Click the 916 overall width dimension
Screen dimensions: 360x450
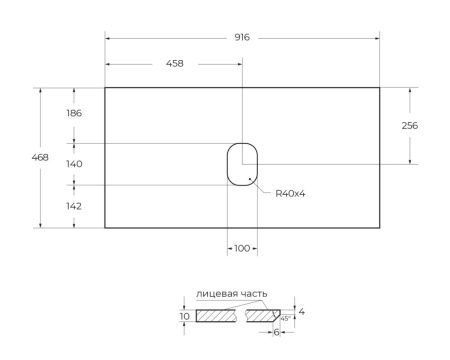[x=241, y=37]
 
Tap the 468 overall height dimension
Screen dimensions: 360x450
[x=41, y=157]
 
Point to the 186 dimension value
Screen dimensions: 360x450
[x=73, y=113]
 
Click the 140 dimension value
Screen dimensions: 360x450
[x=73, y=164]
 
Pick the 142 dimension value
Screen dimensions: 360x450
[x=73, y=206]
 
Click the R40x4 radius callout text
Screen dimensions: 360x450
[x=289, y=193]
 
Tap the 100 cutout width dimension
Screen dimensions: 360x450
[x=241, y=247]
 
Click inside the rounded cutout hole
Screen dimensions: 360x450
[x=241, y=164]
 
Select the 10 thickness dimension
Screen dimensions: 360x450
[x=184, y=316]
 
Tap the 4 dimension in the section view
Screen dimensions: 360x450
[x=301, y=312]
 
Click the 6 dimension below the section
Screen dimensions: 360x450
[x=276, y=332]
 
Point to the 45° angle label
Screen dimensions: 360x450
[x=285, y=319]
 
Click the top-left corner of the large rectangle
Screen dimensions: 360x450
[x=105, y=87]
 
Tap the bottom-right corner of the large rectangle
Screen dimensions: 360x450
[x=378, y=228]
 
